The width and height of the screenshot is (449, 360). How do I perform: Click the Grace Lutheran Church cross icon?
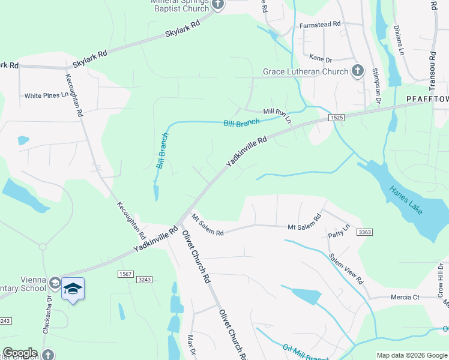(x=358, y=71)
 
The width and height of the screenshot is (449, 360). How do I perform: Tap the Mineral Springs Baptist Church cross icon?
(x=218, y=5)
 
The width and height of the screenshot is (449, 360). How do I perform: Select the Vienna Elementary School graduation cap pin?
(x=73, y=289)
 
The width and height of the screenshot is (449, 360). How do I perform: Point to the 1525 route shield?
(x=336, y=119)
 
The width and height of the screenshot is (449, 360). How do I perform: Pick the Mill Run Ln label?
(x=277, y=115)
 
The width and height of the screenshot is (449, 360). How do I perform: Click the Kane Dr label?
(x=321, y=59)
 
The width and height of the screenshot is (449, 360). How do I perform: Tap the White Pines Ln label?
(x=47, y=95)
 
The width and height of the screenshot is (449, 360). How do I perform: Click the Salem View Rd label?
(x=346, y=268)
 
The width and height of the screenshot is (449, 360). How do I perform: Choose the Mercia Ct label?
(x=402, y=296)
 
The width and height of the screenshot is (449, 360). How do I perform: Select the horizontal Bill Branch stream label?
(x=241, y=123)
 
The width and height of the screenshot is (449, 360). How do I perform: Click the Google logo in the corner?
(x=20, y=353)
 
